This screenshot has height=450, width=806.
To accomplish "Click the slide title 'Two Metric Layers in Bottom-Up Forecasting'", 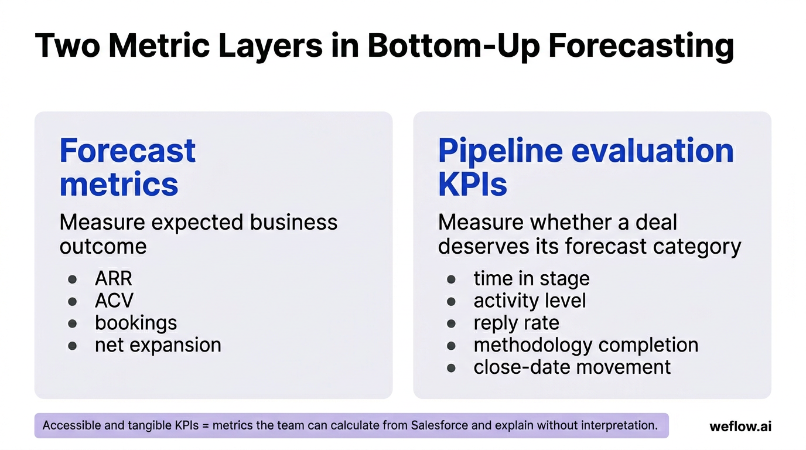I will coord(384,46).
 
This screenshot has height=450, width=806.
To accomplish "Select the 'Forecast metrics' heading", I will coord(127,167).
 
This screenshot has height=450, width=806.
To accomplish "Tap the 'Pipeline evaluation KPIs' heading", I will coord(586,167).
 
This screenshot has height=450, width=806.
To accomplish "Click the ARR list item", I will coord(113,278).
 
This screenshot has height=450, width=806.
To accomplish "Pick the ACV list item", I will coord(114,301).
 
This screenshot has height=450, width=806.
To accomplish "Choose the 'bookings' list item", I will coord(136,323).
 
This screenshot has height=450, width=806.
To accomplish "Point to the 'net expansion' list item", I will coord(158,345).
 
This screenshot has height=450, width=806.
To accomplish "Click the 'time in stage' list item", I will coord(531,278).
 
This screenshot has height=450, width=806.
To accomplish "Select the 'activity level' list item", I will coord(530,301).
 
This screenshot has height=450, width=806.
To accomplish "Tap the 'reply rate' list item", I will coord(516,323).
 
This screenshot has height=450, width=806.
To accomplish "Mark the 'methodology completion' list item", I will coord(586,345).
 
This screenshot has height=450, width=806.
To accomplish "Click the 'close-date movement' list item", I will coord(572,367).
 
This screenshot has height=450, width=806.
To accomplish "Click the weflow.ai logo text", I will coord(740,426).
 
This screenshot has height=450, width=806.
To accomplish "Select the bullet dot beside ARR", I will coord(73,279).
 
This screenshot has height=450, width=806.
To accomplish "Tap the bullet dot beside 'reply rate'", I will coord(451,323).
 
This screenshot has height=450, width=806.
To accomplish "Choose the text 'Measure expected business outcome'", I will coord(198,234).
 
